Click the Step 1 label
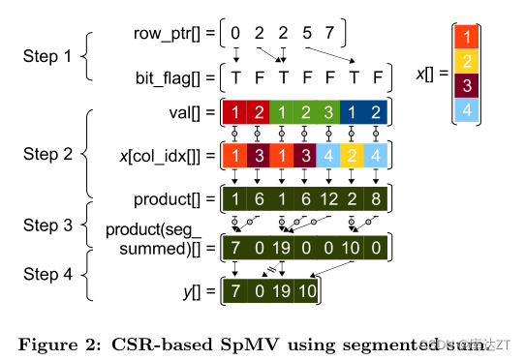pos(47,55)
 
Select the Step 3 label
pos(47,225)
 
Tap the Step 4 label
pos(47,274)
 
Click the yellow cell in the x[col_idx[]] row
pos(354,155)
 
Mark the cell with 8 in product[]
pos(378,200)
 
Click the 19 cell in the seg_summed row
pos(283,248)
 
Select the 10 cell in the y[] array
pos(306,291)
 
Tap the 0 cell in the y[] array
pos(258,291)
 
